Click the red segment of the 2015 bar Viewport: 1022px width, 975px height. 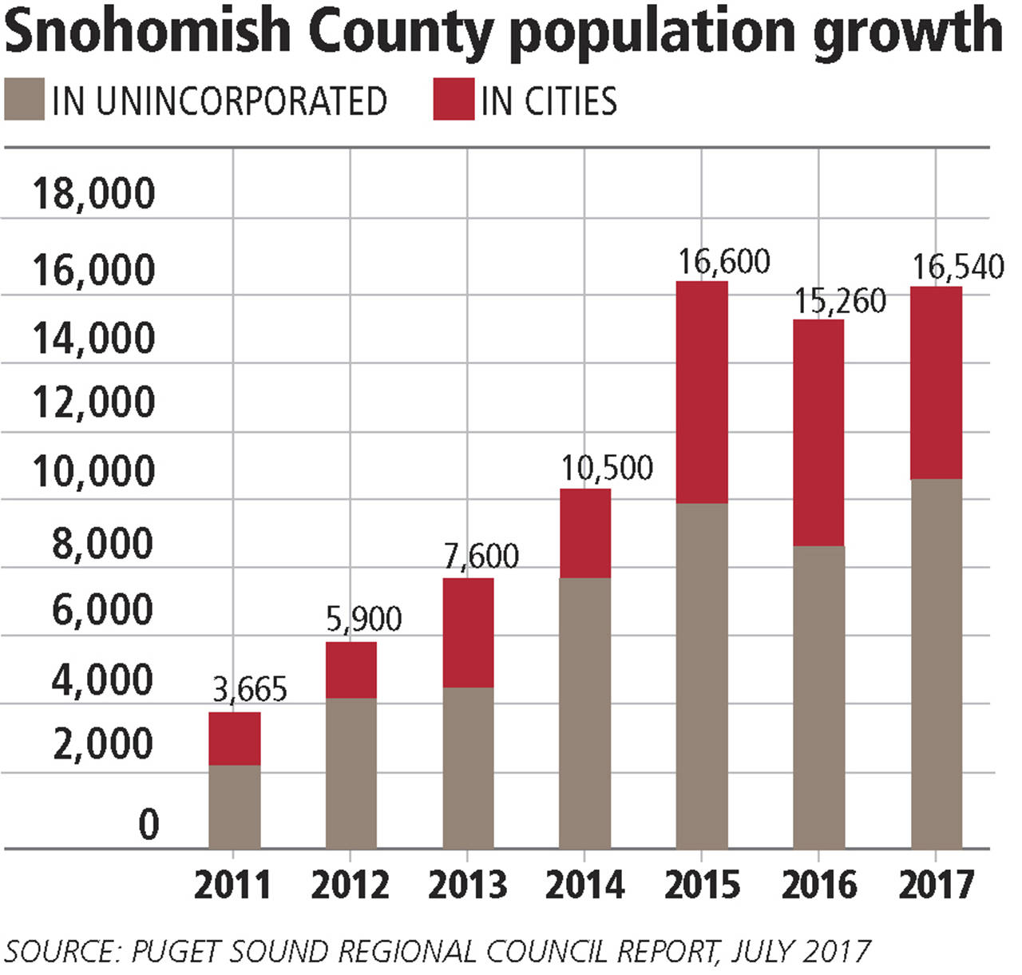pyautogui.click(x=702, y=392)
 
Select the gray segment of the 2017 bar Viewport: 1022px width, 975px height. pyautogui.click(x=936, y=663)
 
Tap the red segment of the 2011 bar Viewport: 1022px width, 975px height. pyautogui.click(x=234, y=739)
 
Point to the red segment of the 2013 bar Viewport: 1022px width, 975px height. pyautogui.click(x=468, y=632)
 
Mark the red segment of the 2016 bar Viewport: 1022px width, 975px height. pyautogui.click(x=818, y=433)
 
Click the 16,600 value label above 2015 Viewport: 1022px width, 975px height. pyautogui.click(x=724, y=262)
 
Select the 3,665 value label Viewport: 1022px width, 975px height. pyautogui.click(x=249, y=689)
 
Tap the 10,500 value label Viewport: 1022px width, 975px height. pyautogui.click(x=607, y=468)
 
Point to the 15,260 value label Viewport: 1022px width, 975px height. pyautogui.click(x=840, y=302)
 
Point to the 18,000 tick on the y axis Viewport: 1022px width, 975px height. pyautogui.click(x=93, y=194)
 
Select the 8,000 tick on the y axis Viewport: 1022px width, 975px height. pyautogui.click(x=102, y=545)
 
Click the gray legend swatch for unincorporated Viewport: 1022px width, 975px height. pyautogui.click(x=24, y=100)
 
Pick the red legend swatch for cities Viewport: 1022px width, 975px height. pyautogui.click(x=454, y=100)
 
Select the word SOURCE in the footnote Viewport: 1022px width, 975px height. pyautogui.click(x=60, y=952)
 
